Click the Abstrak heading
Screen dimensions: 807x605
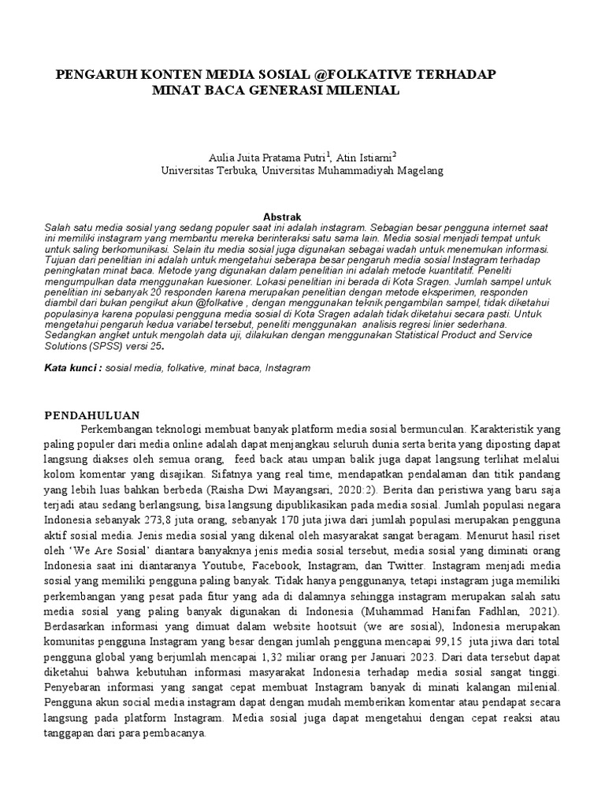(x=280, y=216)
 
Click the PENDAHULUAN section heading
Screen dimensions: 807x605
(x=92, y=415)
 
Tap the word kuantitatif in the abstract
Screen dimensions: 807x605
(x=498, y=269)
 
